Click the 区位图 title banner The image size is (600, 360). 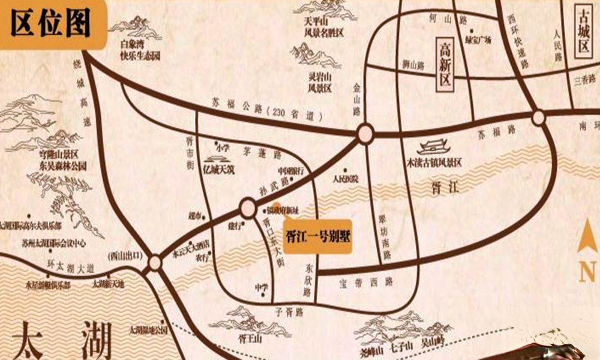coord(52,24)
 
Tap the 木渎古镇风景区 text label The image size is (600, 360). coord(434,162)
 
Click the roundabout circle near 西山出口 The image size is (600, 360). coord(155,263)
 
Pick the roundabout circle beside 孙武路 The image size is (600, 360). coord(248,208)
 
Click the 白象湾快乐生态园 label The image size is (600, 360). coord(140,50)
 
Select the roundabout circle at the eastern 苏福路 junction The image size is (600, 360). coord(538,118)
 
